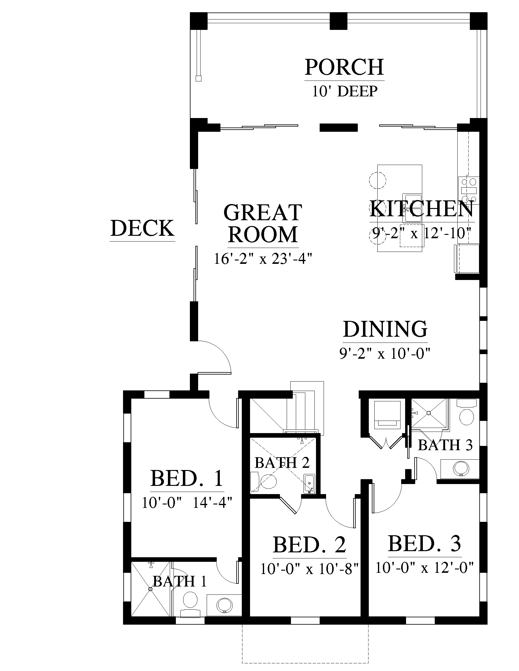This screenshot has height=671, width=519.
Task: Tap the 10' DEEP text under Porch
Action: pyautogui.click(x=345, y=91)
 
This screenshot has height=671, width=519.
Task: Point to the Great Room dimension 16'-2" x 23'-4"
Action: pyautogui.click(x=263, y=259)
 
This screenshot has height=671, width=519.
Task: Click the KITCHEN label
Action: pyautogui.click(x=422, y=209)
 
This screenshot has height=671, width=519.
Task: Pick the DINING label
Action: pyautogui.click(x=385, y=329)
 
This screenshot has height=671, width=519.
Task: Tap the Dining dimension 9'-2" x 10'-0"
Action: pyautogui.click(x=384, y=353)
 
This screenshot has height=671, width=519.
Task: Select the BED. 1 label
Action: pyautogui.click(x=187, y=478)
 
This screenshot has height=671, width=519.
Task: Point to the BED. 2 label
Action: pyautogui.click(x=309, y=545)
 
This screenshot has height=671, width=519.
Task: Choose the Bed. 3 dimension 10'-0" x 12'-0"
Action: pyautogui.click(x=424, y=568)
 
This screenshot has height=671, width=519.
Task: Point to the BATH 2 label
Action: pyautogui.click(x=282, y=462)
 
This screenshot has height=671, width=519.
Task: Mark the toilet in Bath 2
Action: pyautogui.click(x=264, y=483)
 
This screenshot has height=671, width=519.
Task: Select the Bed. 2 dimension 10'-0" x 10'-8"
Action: pyautogui.click(x=310, y=569)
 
